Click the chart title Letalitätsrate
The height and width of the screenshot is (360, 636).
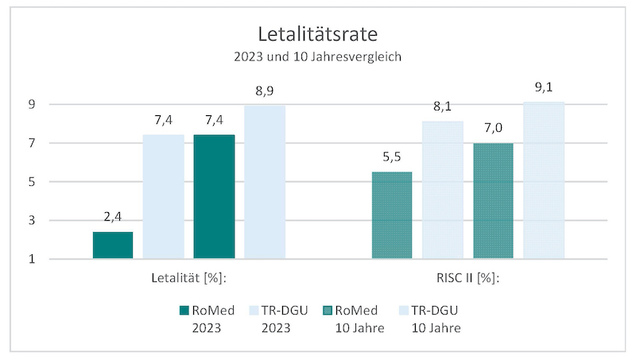click(x=318, y=35)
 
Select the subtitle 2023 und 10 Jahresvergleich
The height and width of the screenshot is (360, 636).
click(x=318, y=57)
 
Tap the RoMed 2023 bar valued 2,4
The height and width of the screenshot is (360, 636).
click(x=113, y=245)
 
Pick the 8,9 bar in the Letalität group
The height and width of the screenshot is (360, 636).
click(x=265, y=182)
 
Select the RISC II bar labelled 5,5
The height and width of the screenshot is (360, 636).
click(x=393, y=215)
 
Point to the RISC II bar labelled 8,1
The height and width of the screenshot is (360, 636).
click(x=443, y=190)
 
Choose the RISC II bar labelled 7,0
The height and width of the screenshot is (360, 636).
click(x=493, y=200)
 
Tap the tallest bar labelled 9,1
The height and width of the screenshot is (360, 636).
click(x=544, y=180)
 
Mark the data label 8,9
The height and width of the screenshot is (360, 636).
click(x=265, y=91)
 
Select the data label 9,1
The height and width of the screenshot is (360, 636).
click(x=544, y=87)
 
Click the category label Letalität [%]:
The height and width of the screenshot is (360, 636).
click(x=189, y=278)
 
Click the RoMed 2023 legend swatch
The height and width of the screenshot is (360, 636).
click(x=184, y=310)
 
